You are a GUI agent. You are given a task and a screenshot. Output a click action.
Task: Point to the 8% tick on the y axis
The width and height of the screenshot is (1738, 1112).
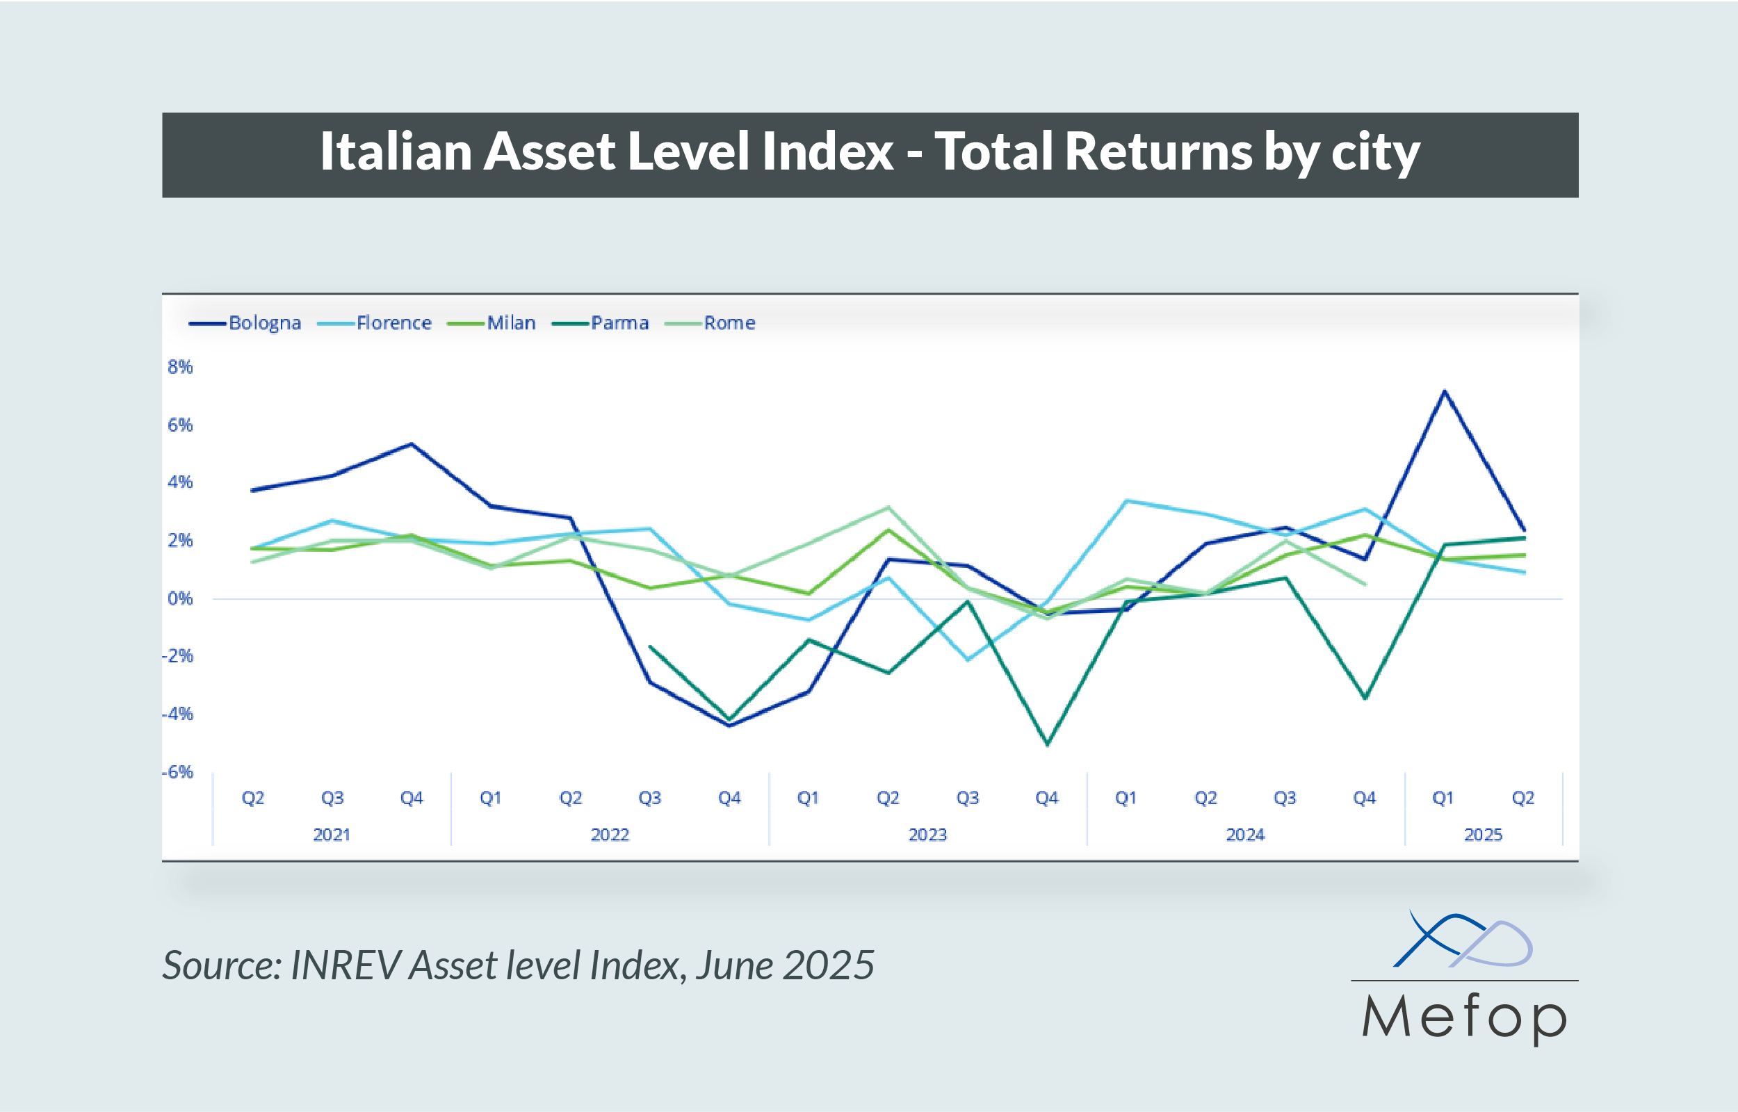[x=180, y=367]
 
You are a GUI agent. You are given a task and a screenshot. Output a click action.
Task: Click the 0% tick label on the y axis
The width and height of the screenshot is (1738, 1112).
[x=180, y=598]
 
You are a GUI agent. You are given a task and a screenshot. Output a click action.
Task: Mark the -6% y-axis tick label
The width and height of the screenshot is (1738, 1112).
[x=178, y=772]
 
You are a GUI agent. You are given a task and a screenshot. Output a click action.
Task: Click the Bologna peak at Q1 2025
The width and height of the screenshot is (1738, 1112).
[x=1444, y=391]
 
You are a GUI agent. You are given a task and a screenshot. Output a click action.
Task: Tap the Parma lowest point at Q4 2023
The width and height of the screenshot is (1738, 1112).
[x=1047, y=744]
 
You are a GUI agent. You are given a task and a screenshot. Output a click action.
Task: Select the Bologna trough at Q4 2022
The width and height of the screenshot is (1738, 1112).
[x=729, y=726]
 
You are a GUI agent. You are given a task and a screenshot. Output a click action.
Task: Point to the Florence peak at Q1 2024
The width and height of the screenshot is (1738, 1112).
[x=1126, y=500]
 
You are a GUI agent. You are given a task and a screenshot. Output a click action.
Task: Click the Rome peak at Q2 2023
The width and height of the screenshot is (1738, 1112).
[x=888, y=507]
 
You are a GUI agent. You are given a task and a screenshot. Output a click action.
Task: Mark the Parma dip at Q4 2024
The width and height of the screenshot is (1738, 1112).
[x=1365, y=698]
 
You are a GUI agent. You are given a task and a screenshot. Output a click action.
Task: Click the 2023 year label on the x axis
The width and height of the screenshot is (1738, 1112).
[x=927, y=835]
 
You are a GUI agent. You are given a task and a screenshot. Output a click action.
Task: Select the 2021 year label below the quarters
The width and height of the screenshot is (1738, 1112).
[x=332, y=835]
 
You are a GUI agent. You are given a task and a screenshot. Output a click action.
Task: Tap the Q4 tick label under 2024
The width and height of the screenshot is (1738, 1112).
[x=1364, y=798]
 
